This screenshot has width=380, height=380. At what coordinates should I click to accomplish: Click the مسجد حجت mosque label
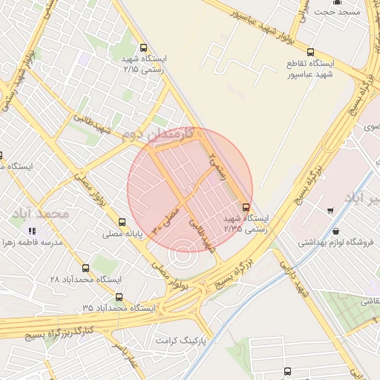(336, 12)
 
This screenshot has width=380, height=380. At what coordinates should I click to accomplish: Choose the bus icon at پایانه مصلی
(122, 221)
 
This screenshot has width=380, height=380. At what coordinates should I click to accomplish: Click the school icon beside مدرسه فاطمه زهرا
(31, 232)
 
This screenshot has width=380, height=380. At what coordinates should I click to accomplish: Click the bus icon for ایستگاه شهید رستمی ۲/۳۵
(246, 207)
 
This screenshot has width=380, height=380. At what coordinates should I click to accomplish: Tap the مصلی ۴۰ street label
(168, 219)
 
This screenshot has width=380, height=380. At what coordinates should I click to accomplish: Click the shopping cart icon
(330, 211)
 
